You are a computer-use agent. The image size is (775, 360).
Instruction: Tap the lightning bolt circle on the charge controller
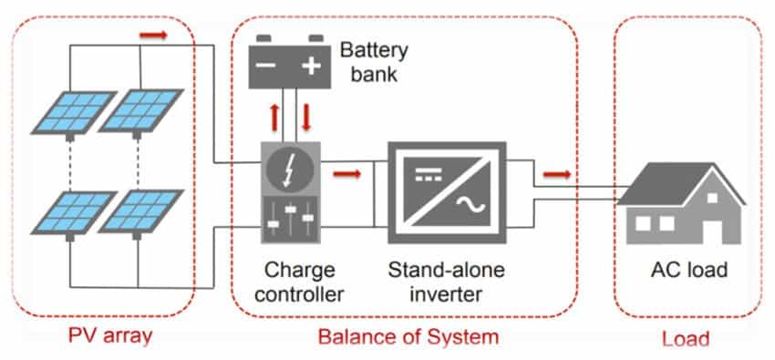(291, 170)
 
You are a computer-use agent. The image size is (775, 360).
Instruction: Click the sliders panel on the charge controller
(291, 220)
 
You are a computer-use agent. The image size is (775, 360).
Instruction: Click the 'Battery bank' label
(371, 59)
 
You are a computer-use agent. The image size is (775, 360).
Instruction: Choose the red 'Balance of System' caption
(408, 337)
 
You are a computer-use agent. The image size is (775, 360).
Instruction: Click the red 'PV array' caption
(109, 337)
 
